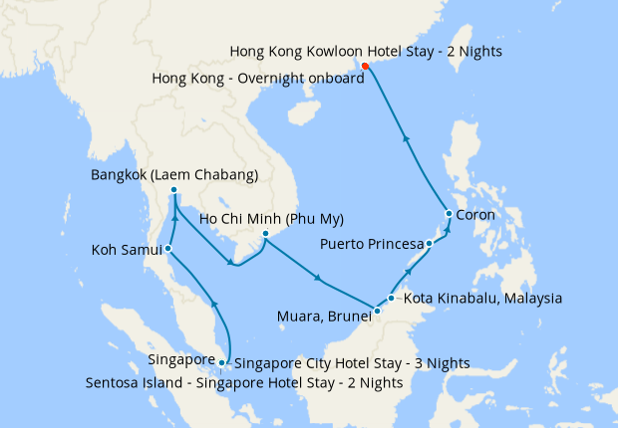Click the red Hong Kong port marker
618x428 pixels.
(x=365, y=67)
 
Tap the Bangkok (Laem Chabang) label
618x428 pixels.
(x=173, y=175)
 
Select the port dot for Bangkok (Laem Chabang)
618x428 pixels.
(x=173, y=190)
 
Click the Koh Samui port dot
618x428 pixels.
(x=168, y=248)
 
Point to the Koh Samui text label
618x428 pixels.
(x=119, y=249)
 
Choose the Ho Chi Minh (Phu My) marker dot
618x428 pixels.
(x=265, y=234)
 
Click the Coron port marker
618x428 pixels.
(x=450, y=214)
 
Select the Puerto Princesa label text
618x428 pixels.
(x=370, y=244)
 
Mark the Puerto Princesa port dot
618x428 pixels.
(x=429, y=243)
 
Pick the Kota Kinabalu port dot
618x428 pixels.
(x=392, y=298)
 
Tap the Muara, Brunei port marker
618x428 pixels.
(x=377, y=313)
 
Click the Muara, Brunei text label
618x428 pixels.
(x=321, y=319)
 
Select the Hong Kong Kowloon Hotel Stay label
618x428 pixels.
(x=365, y=51)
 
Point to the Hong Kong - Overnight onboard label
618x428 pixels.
(x=258, y=78)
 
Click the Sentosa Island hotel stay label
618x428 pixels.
(x=244, y=382)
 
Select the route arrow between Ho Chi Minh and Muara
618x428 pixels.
(x=317, y=278)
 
